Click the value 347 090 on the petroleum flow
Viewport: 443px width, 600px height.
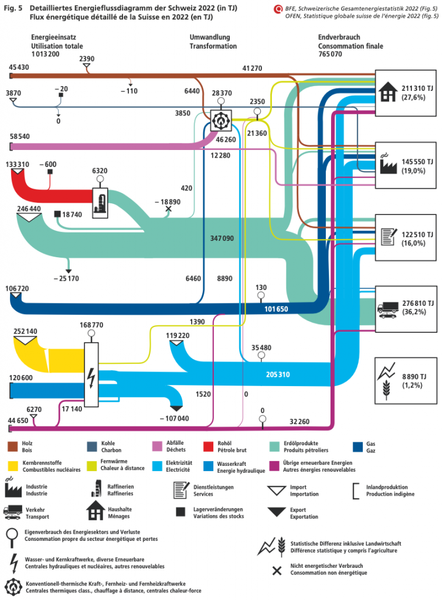tap(221, 238)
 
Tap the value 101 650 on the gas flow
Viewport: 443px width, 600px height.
tap(275, 308)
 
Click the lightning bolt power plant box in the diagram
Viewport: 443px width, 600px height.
tap(91, 374)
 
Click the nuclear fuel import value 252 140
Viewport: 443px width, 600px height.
tap(25, 332)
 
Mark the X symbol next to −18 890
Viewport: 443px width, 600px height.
tap(169, 209)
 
